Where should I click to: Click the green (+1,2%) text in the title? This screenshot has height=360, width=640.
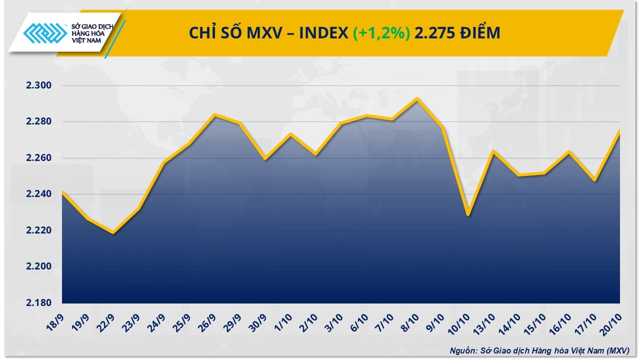click(x=382, y=33)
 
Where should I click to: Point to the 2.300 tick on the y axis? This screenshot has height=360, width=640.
click(x=39, y=86)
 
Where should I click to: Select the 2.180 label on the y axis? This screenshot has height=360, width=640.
click(x=39, y=303)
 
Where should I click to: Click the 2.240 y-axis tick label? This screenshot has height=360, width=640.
click(x=39, y=194)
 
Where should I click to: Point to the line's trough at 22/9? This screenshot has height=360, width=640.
click(x=113, y=233)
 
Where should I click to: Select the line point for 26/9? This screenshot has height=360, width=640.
click(x=214, y=114)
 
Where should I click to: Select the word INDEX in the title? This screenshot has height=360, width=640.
click(x=322, y=33)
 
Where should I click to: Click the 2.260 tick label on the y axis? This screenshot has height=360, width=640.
click(x=39, y=158)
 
